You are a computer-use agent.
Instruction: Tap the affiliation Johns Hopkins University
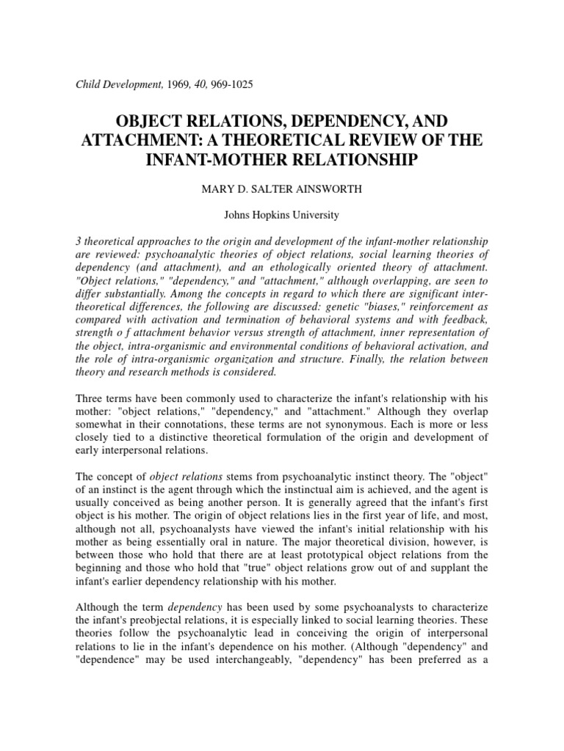tap(281, 215)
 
